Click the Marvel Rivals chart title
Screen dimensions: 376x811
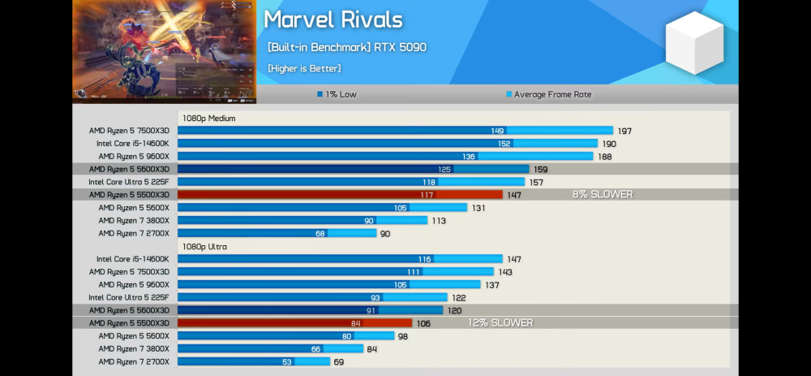pyautogui.click(x=333, y=19)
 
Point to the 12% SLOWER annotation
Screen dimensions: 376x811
pyautogui.click(x=500, y=323)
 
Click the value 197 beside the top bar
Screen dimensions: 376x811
pyautogui.click(x=624, y=131)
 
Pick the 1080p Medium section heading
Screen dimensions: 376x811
pyautogui.click(x=208, y=119)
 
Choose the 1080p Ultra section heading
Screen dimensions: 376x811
pyautogui.click(x=204, y=247)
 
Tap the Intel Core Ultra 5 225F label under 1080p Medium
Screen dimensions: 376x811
pyautogui.click(x=129, y=182)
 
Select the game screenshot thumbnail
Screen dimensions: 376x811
pyautogui.click(x=165, y=51)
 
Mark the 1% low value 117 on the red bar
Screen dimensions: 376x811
pyautogui.click(x=427, y=195)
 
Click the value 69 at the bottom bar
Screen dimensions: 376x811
pyautogui.click(x=339, y=362)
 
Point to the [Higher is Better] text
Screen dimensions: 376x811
pyautogui.click(x=304, y=68)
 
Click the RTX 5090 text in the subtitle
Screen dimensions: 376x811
pyautogui.click(x=400, y=47)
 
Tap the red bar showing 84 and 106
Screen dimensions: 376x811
pyautogui.click(x=294, y=323)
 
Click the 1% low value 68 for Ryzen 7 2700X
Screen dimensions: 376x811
pyautogui.click(x=321, y=234)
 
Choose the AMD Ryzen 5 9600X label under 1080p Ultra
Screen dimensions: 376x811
pyautogui.click(x=134, y=285)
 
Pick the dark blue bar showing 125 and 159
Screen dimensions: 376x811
pyautogui.click(x=353, y=169)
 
